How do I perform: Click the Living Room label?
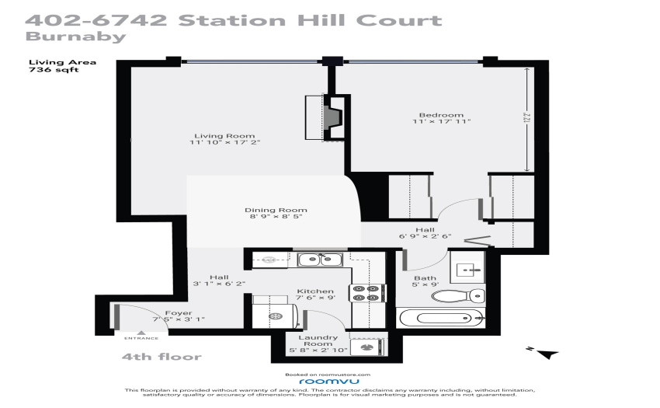coord(224,136)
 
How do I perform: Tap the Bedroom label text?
coord(441,115)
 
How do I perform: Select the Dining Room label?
coord(276,210)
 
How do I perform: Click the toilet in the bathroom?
coord(458,295)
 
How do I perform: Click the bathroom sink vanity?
coord(467,267)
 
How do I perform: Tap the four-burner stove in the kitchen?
coord(367,293)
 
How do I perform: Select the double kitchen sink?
coord(320,260)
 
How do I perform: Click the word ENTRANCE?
coord(141,338)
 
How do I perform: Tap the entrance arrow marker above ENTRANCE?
coord(141,333)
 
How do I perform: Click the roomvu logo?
coord(329,382)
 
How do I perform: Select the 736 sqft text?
coord(54,69)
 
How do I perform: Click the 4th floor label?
coord(162,357)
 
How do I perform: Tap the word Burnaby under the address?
coord(76,37)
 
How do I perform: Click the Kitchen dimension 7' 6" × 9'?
coord(315,298)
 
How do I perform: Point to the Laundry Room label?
coord(318,340)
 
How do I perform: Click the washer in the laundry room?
coord(366,347)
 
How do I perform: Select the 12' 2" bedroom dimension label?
coord(526,118)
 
